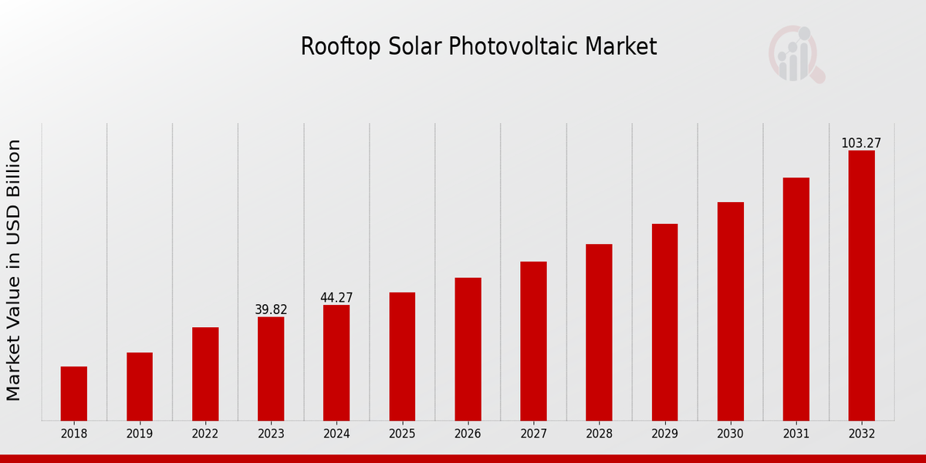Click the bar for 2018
[74, 394]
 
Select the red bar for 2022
[205, 374]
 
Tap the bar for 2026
[468, 349]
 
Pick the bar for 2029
[664, 323]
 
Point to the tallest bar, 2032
[861, 286]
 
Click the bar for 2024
[336, 363]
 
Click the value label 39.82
[271, 309]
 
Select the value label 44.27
[336, 298]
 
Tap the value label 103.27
[861, 144]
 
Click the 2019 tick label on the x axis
[140, 434]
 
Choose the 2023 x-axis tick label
[271, 434]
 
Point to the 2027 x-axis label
[533, 434]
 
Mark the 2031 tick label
[796, 434]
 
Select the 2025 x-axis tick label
[402, 434]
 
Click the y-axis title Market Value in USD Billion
[14, 270]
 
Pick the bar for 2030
[730, 312]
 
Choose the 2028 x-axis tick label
[599, 434]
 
